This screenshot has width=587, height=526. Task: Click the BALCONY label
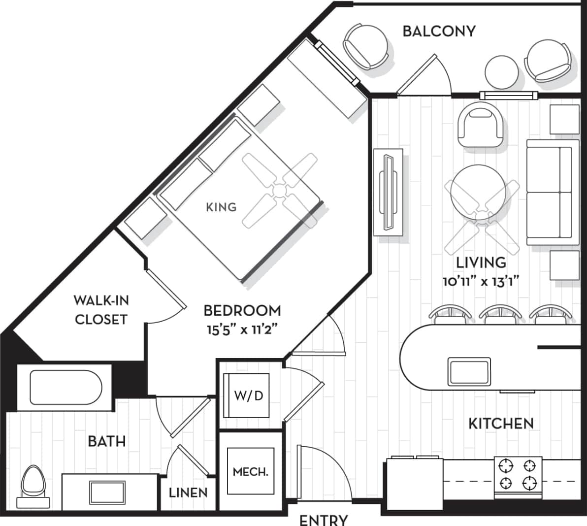(x=439, y=31)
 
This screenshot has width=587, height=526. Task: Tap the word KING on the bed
(x=221, y=207)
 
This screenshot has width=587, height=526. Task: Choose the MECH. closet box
(x=250, y=471)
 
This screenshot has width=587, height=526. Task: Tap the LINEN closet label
(x=188, y=492)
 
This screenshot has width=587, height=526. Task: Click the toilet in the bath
(x=34, y=483)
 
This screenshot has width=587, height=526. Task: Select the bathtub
(x=66, y=387)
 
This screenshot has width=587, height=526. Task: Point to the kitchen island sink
(x=469, y=371)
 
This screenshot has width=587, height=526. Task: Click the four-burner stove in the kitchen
(x=518, y=474)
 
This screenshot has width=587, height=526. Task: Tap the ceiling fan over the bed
(x=280, y=190)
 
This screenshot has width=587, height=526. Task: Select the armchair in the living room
(x=481, y=125)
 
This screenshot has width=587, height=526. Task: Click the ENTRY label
(x=324, y=519)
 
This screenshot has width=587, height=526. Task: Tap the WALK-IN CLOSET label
(x=101, y=309)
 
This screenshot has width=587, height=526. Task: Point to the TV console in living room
(x=389, y=193)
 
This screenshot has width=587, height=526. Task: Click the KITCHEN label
(x=500, y=423)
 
